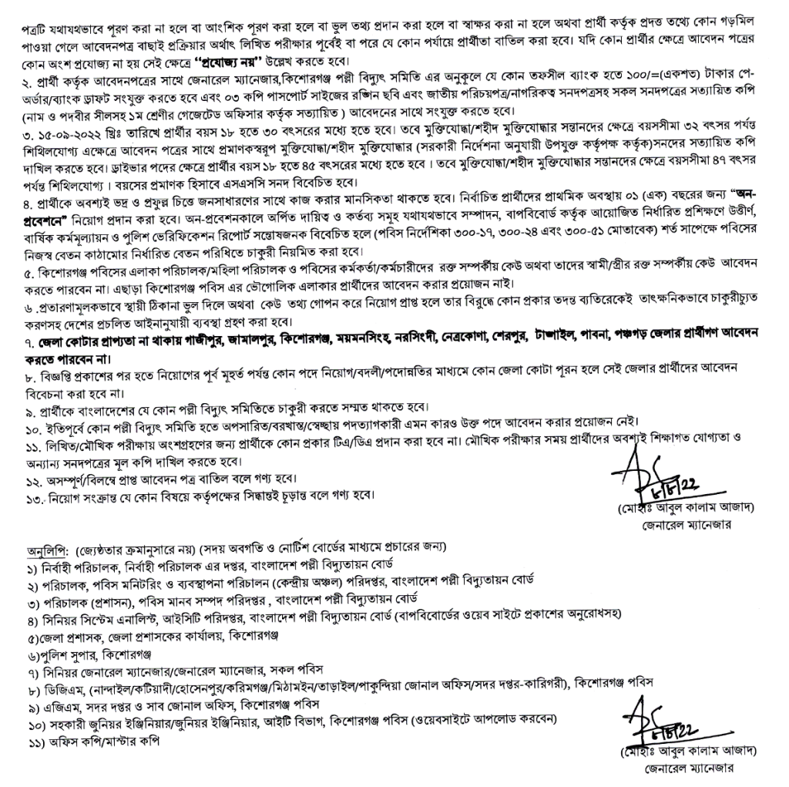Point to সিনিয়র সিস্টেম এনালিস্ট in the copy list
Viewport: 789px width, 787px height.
click(x=101, y=619)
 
